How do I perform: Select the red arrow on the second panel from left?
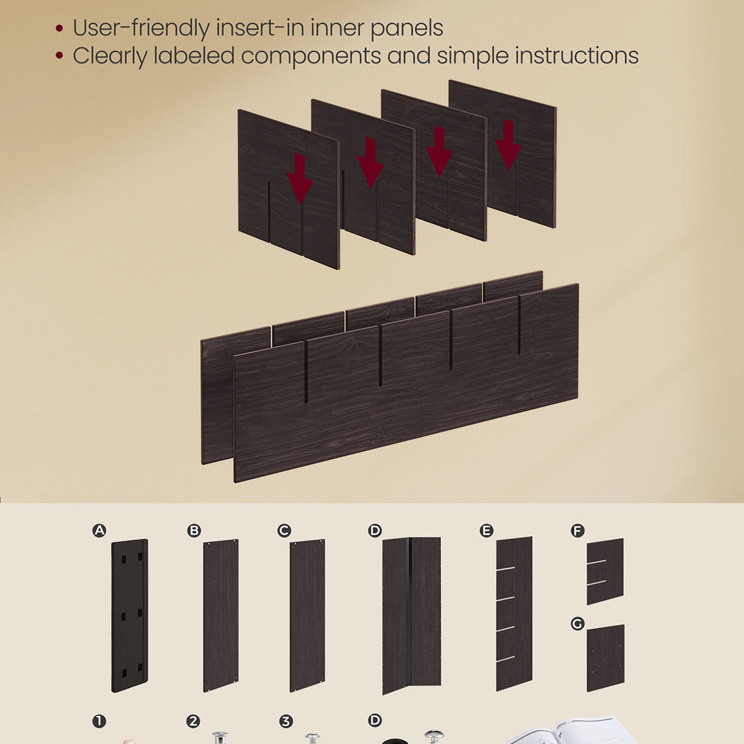(370, 162)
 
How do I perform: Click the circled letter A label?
(99, 530)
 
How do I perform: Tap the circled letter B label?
(194, 530)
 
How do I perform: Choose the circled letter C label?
(284, 530)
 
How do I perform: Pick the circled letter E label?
(486, 530)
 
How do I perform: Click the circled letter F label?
(577, 530)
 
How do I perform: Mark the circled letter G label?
(577, 624)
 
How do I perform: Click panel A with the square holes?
(130, 615)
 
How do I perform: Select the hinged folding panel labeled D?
(411, 614)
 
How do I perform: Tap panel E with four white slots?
(514, 612)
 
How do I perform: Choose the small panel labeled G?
(605, 658)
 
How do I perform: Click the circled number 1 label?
(99, 721)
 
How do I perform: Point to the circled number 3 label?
(285, 721)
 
